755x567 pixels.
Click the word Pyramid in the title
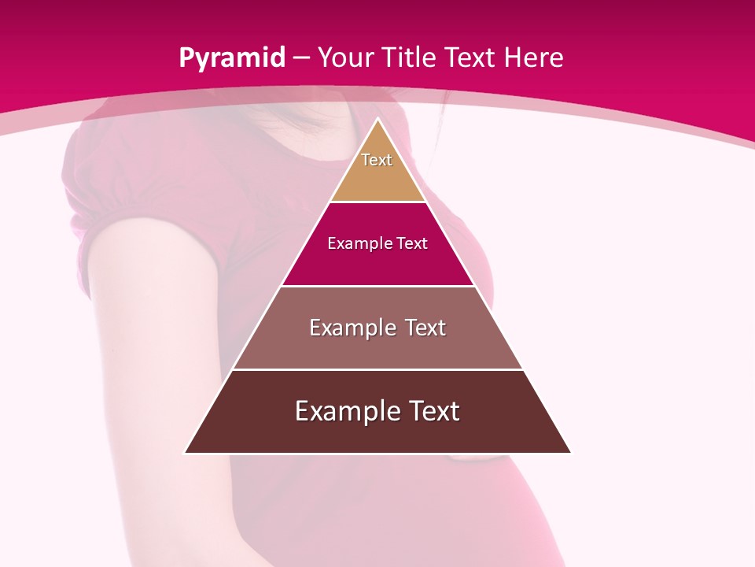[231, 58]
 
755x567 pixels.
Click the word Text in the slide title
[470, 58]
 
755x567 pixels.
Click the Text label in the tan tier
[377, 160]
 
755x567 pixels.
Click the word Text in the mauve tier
[425, 328]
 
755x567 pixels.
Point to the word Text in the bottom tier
[433, 411]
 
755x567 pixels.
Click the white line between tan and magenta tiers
[377, 202]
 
